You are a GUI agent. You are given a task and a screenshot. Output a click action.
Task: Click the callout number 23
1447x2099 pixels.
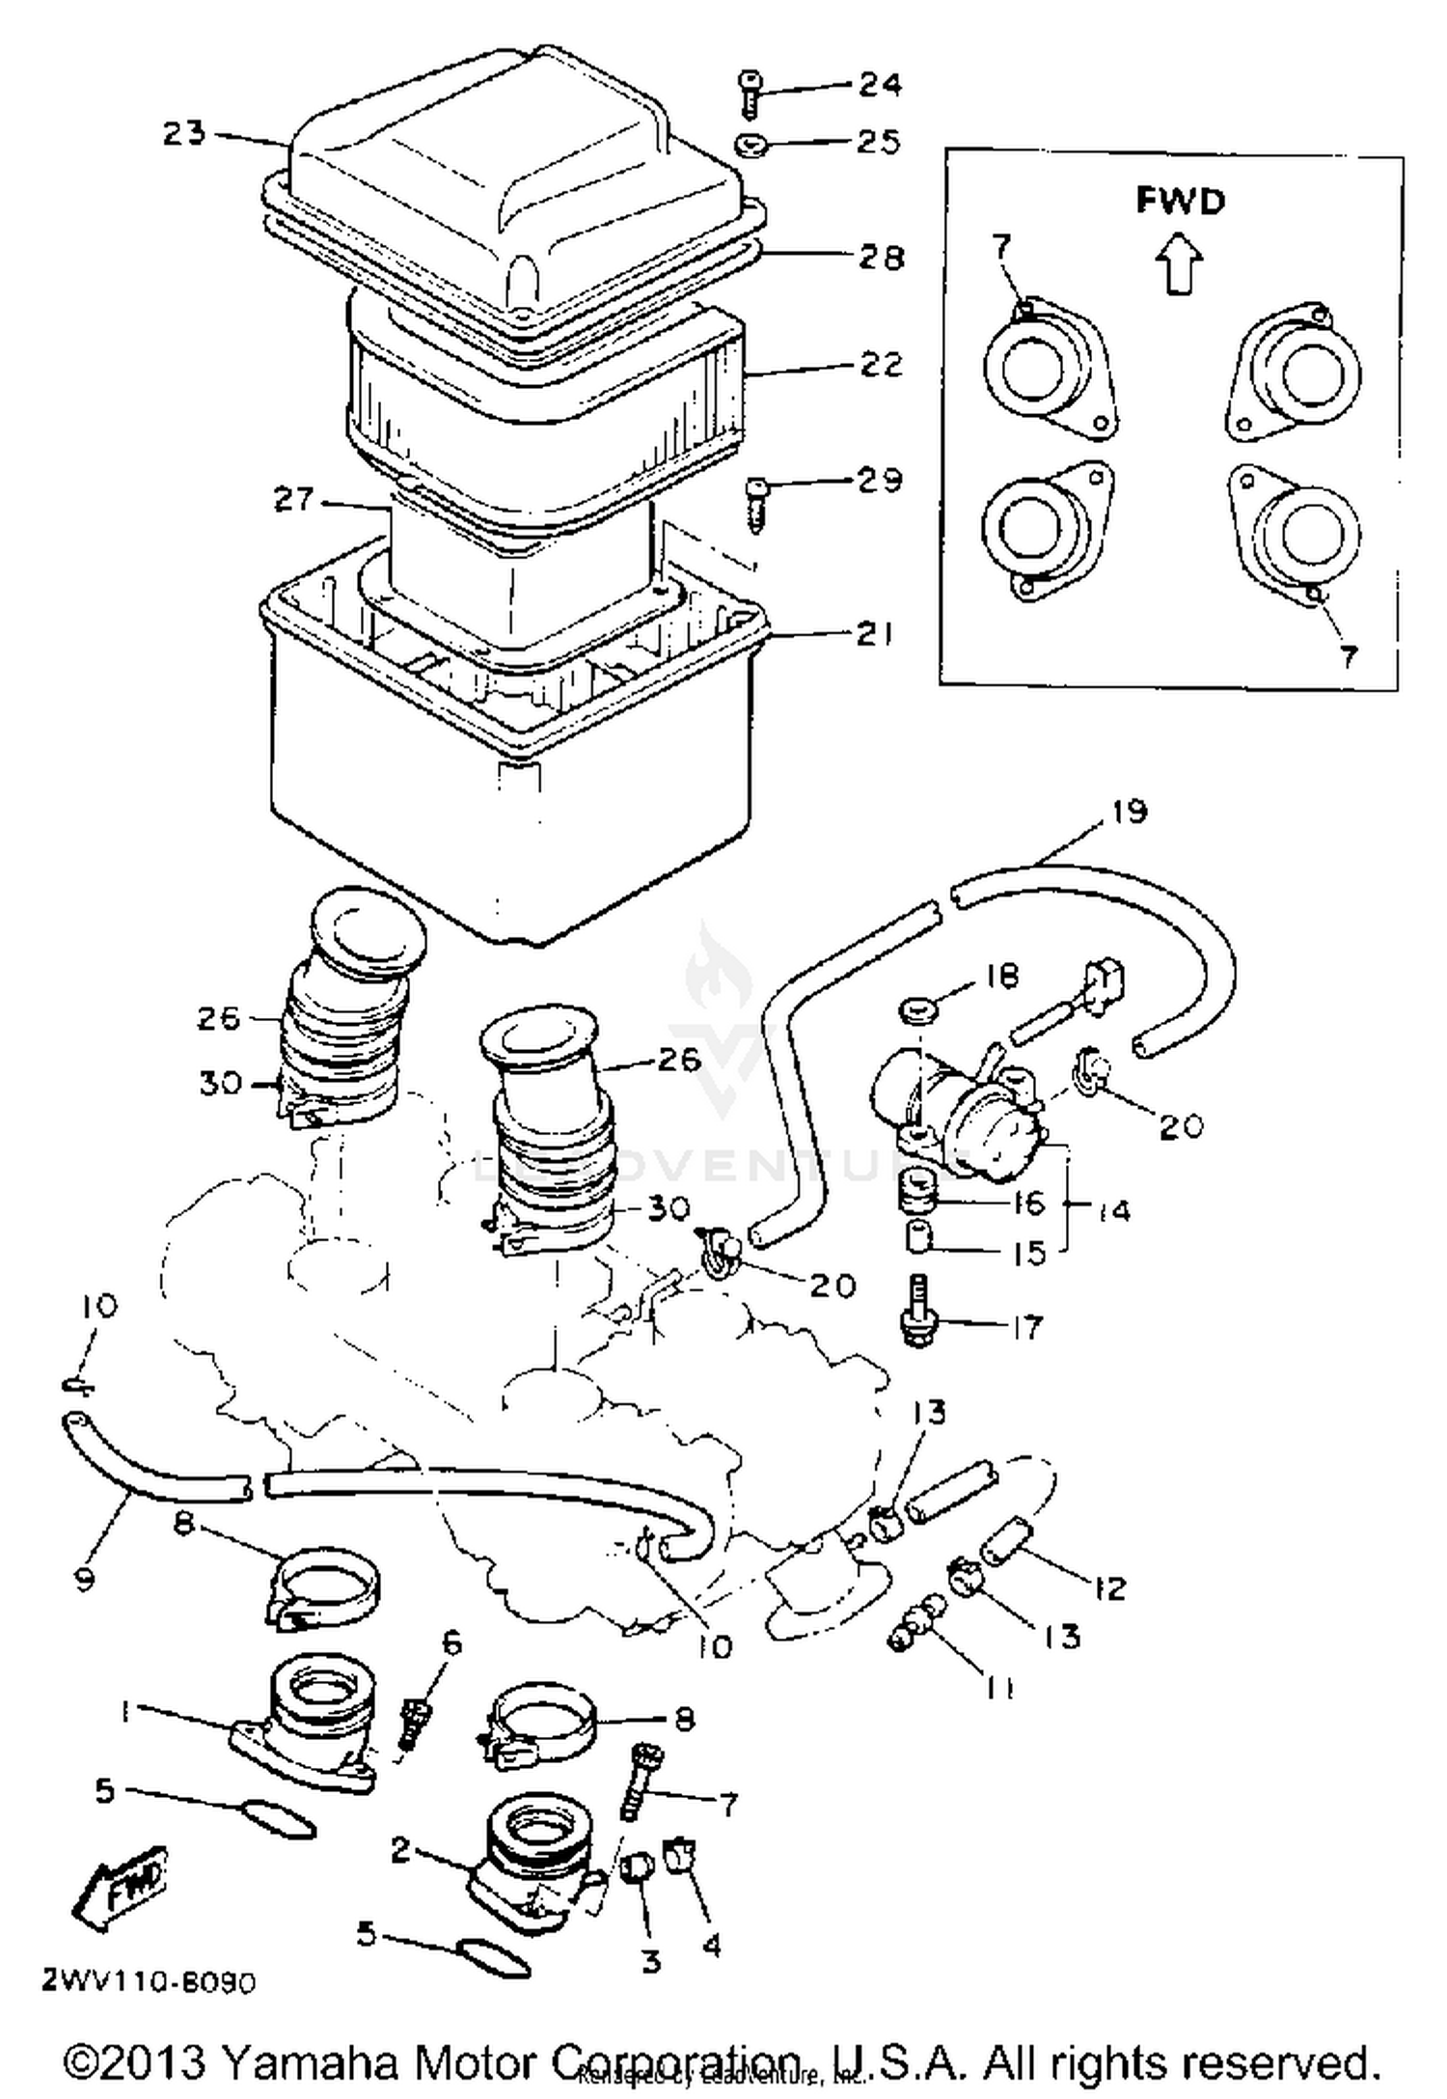point(183,132)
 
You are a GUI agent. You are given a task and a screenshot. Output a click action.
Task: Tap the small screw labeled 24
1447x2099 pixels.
point(750,94)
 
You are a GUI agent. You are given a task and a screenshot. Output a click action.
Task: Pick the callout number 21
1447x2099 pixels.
point(874,633)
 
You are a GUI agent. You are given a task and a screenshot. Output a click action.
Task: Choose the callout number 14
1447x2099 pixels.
point(1114,1209)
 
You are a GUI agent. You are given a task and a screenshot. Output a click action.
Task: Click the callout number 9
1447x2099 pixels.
point(86,1579)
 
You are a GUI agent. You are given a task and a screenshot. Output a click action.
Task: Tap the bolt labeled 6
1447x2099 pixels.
point(416,1721)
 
